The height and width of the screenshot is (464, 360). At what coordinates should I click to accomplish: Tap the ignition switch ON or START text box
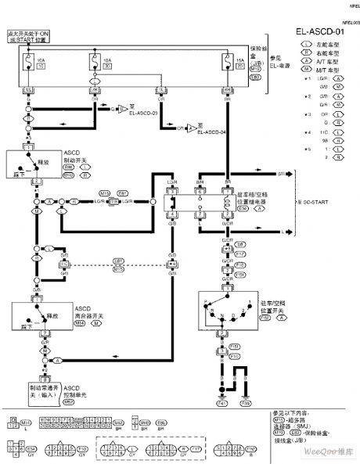click(27, 35)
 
